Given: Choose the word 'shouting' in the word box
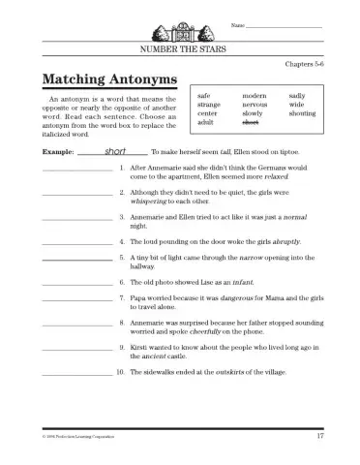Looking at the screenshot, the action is pos(302,113).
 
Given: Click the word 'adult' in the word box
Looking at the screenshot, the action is pos(205,123).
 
